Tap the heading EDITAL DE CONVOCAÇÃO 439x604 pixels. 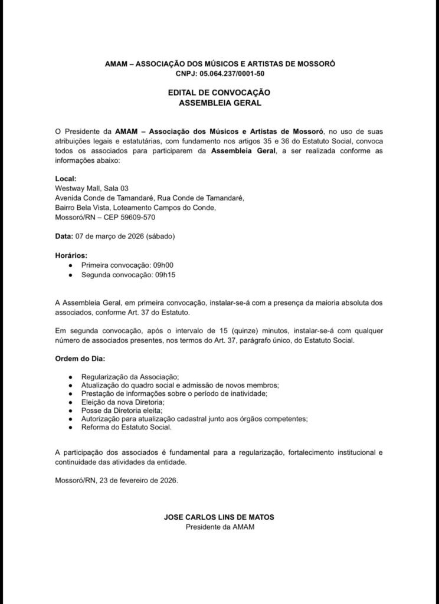219,93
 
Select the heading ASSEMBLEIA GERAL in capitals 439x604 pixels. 219,103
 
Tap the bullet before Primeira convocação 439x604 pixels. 71,265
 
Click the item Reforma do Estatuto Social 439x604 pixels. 126,427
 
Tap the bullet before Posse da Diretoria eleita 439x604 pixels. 71,411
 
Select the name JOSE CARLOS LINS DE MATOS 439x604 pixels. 219,517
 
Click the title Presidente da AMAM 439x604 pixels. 219,527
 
